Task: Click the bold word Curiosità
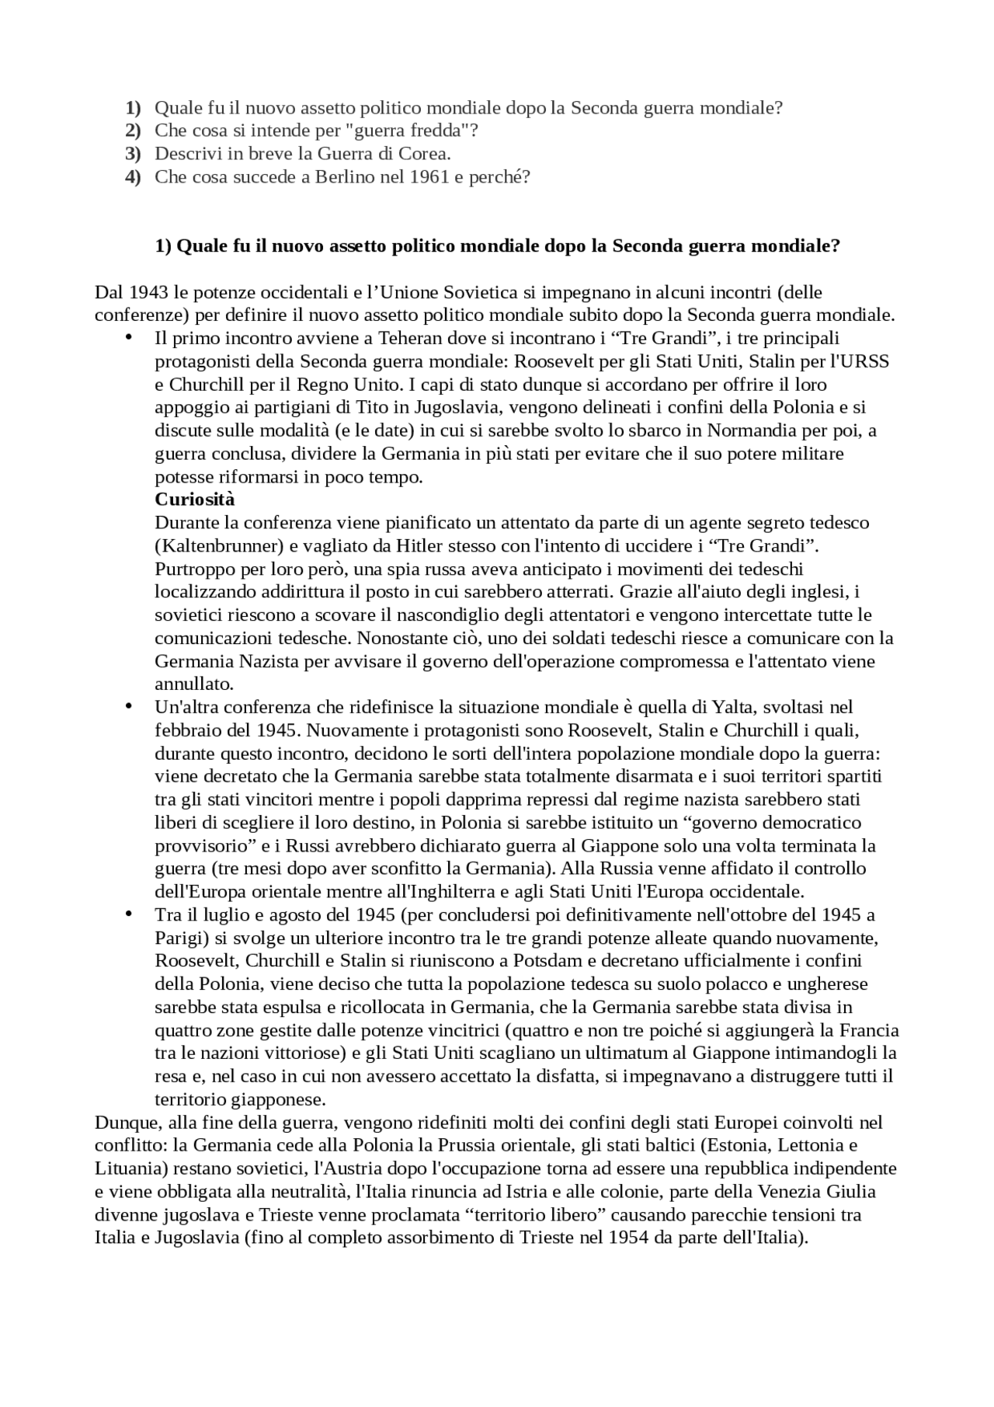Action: (x=194, y=499)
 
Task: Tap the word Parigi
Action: (x=179, y=938)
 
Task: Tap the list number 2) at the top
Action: (x=134, y=131)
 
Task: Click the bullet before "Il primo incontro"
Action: (x=129, y=336)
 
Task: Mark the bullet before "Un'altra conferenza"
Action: (x=129, y=705)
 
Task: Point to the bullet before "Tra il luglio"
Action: (x=129, y=914)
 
